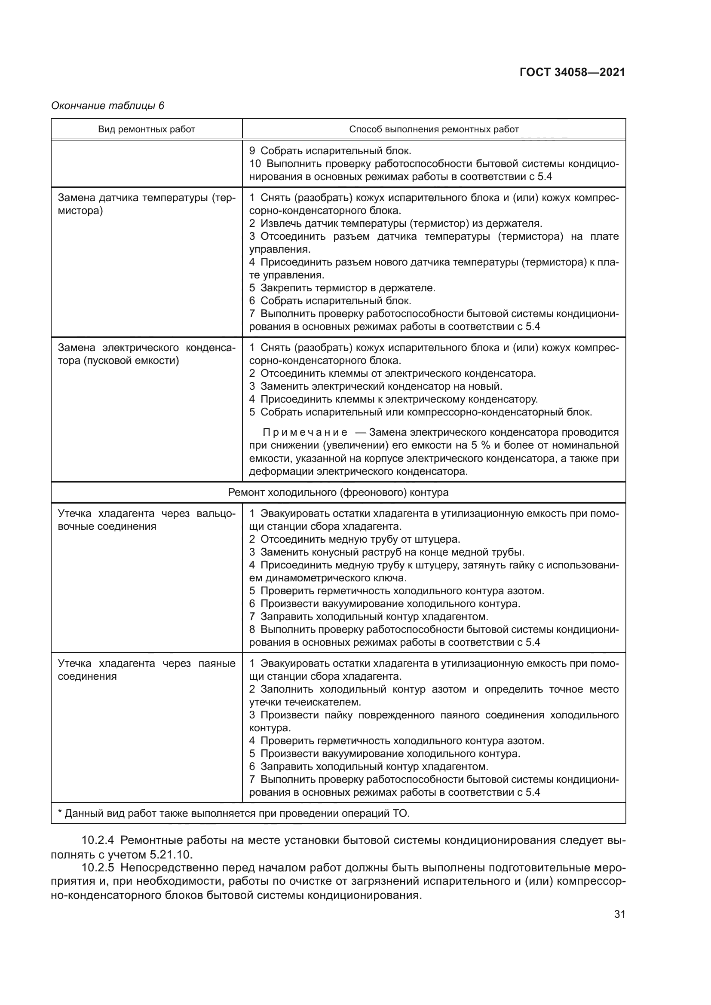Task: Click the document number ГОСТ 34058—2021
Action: (x=572, y=72)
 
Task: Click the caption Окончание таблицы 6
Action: (x=108, y=106)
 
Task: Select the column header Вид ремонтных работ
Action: (x=146, y=129)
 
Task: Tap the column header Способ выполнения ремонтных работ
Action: (x=433, y=129)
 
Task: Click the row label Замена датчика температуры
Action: (x=146, y=205)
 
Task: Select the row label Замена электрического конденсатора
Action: (x=146, y=354)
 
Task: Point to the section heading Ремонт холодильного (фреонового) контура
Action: (x=338, y=492)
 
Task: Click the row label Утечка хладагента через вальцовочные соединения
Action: (x=146, y=520)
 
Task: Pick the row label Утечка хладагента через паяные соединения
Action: (x=146, y=670)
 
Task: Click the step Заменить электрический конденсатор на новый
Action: (x=376, y=387)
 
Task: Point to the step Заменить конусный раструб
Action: (x=386, y=552)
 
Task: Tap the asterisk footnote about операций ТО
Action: (x=234, y=814)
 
